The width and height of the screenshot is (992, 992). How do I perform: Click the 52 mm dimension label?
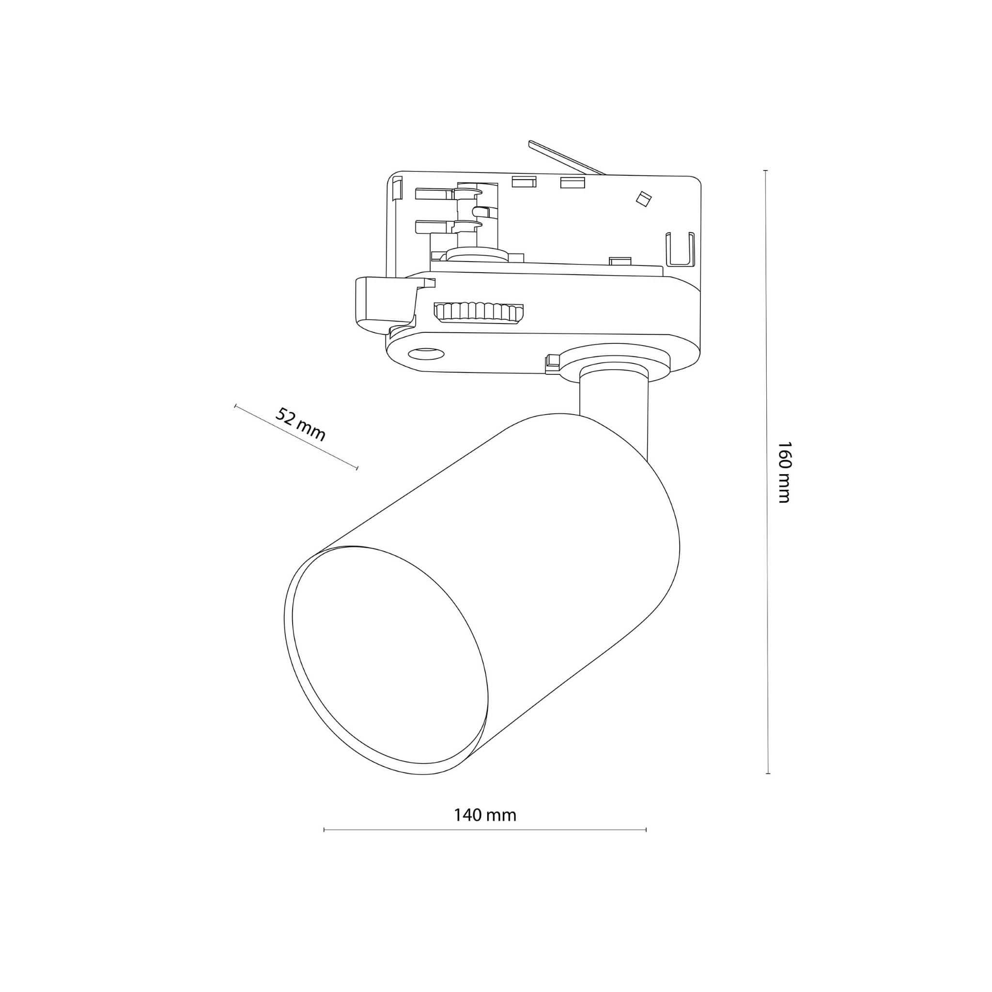(300, 424)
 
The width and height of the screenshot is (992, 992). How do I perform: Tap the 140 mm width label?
(485, 815)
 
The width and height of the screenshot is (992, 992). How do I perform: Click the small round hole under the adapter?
(426, 353)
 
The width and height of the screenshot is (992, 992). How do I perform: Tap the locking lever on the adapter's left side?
(383, 303)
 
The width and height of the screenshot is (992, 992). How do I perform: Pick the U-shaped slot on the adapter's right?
(681, 249)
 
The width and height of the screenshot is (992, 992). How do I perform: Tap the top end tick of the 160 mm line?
(766, 170)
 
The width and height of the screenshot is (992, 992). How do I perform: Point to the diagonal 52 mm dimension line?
(296, 436)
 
